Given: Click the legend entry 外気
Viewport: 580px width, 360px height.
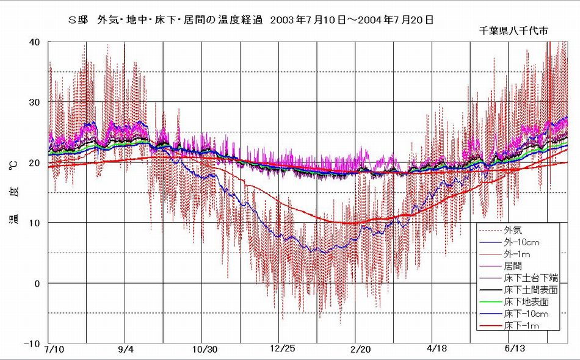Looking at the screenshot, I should (x=513, y=231).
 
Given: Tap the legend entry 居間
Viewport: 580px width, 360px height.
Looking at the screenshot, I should (x=513, y=266).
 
